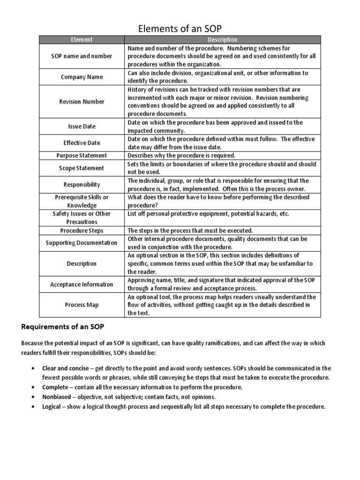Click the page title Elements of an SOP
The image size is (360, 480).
(x=180, y=29)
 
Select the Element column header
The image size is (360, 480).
(x=82, y=40)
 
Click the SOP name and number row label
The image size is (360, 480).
(x=82, y=56)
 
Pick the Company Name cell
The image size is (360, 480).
(x=82, y=77)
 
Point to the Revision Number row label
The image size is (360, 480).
(x=82, y=102)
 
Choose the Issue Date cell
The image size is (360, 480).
(x=82, y=127)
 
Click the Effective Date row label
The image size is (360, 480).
(x=82, y=143)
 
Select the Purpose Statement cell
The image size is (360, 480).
(x=82, y=156)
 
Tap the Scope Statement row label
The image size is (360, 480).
(x=82, y=168)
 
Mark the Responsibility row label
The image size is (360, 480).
(x=82, y=185)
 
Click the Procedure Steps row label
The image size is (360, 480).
(x=82, y=231)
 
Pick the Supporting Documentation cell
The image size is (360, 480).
(x=82, y=243)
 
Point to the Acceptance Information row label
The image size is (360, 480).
(x=82, y=285)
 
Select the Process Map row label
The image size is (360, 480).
(x=82, y=305)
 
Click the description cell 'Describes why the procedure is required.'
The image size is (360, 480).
(x=181, y=156)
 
